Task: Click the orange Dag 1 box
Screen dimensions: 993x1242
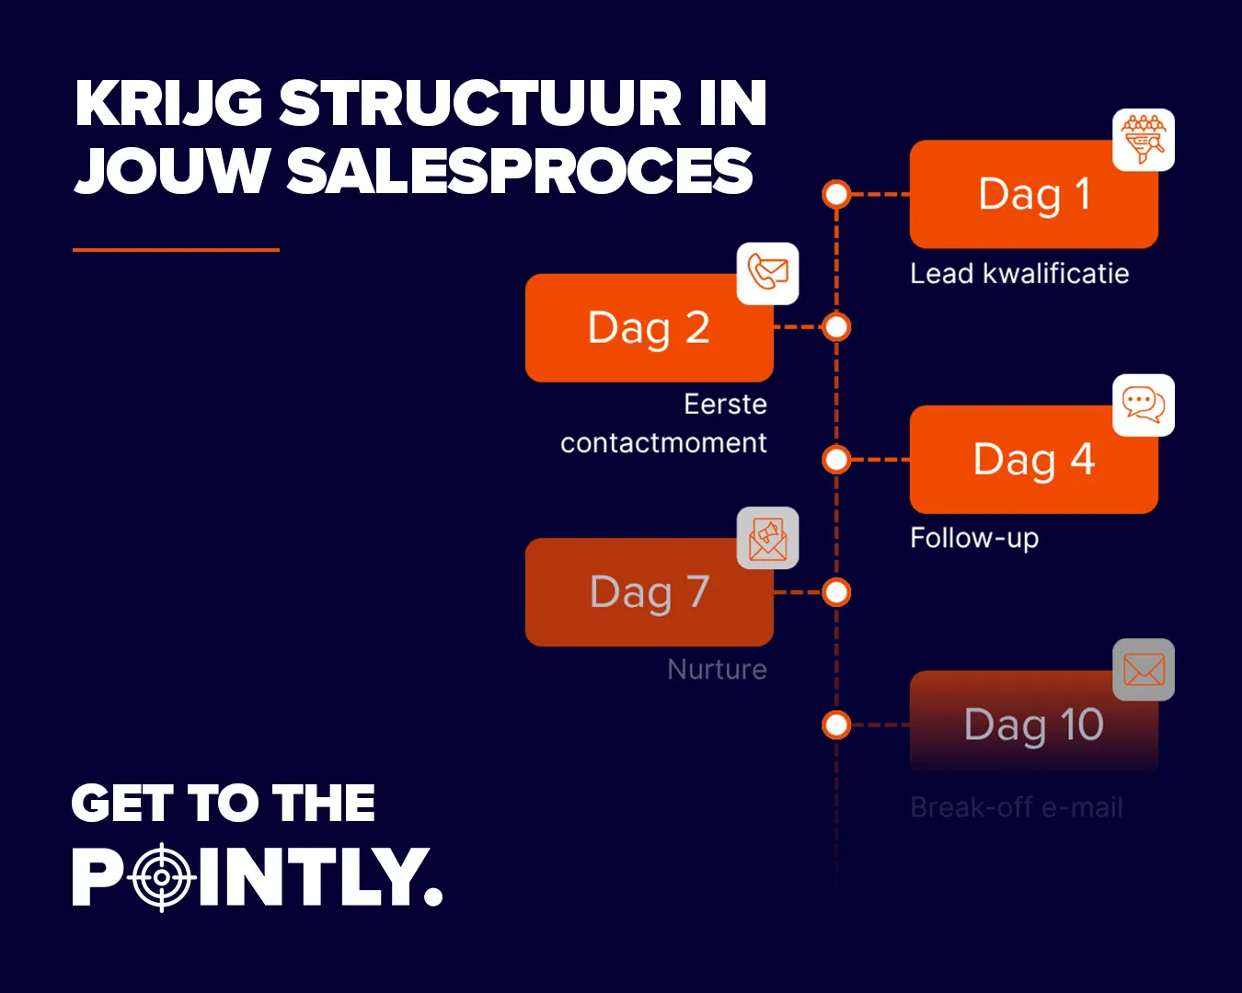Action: coord(1033,195)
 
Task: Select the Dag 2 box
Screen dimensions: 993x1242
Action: coord(649,328)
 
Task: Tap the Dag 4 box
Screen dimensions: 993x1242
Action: coord(1033,460)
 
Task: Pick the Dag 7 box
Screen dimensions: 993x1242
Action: coord(649,592)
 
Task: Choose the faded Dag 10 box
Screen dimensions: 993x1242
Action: coord(1033,725)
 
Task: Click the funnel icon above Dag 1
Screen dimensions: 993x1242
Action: coord(1144,140)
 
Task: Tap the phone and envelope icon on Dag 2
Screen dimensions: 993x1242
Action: coord(768,273)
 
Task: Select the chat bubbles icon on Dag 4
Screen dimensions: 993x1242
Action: coord(1144,405)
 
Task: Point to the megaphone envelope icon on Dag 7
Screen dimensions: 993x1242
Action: coord(768,538)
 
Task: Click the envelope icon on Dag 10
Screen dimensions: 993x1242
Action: coord(1144,669)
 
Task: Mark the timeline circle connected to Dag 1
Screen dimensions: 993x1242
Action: coord(836,195)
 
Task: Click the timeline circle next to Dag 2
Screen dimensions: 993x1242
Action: coord(836,326)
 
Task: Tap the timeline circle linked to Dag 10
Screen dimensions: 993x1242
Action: coord(836,725)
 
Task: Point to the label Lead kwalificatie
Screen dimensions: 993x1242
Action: coord(1019,273)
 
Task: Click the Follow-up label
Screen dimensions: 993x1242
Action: coord(974,538)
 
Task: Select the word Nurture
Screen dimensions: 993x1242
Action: coord(717,669)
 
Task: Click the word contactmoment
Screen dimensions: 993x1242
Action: coord(663,443)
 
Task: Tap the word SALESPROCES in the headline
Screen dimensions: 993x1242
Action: coord(520,172)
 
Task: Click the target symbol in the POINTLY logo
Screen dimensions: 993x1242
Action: coord(162,877)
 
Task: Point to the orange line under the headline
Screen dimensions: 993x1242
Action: coord(176,249)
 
